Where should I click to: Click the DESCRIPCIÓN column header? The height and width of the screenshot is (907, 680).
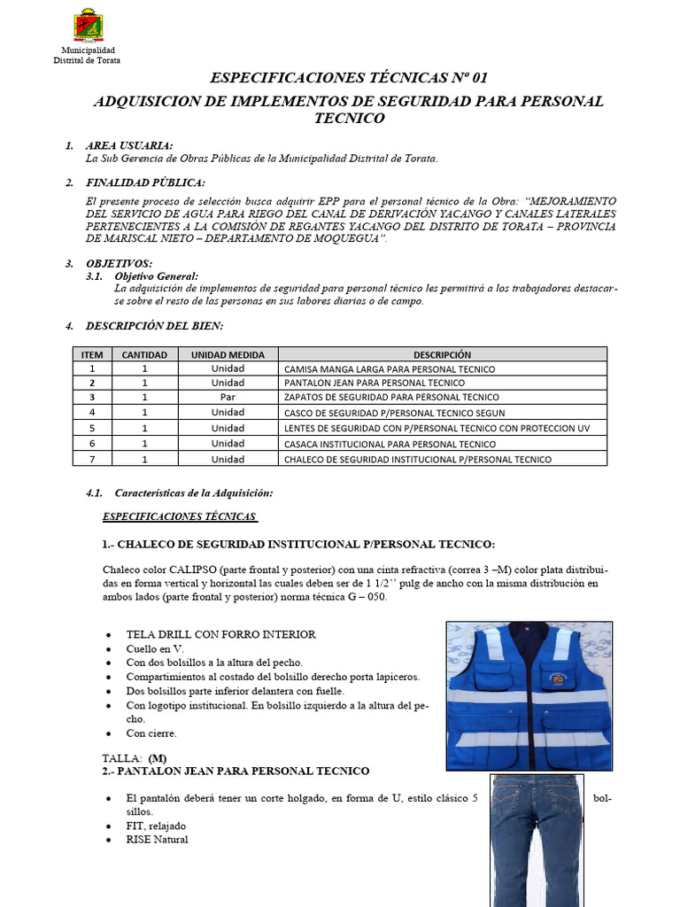click(441, 354)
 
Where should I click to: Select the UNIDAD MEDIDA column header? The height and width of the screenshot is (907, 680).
click(228, 354)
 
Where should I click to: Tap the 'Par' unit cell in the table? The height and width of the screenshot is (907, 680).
click(228, 398)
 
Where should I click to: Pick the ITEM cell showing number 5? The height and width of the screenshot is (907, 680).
click(92, 428)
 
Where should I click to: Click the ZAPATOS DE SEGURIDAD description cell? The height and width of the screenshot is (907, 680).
click(391, 398)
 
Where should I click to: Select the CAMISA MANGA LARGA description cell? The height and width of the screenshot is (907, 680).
click(390, 368)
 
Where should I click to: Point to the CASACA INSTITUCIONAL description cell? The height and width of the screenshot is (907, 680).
click(390, 444)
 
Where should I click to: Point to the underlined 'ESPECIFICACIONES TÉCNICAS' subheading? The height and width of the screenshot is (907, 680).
click(180, 516)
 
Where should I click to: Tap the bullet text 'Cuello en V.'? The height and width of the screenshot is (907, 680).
click(155, 648)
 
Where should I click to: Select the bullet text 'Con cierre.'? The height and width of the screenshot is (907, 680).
click(151, 733)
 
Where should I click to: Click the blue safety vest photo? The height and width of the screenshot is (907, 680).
click(529, 695)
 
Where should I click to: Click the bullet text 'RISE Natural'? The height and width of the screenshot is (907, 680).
click(157, 840)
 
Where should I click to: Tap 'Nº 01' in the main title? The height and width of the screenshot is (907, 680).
click(468, 79)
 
